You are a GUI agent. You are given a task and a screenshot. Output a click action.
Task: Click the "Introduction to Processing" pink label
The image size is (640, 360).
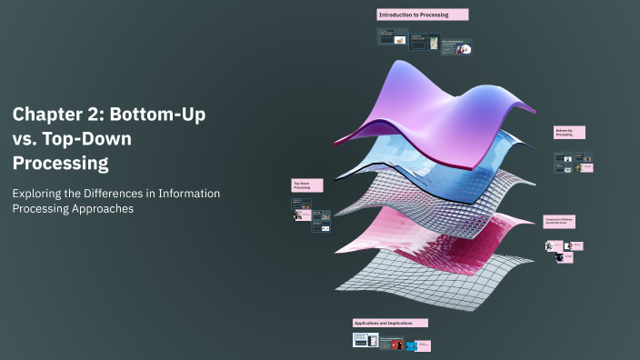point(423,15)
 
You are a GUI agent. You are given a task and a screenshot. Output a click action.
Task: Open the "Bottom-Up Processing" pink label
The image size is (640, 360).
point(569,133)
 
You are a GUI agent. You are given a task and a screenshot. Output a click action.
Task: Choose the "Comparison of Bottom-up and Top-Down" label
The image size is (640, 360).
point(560,221)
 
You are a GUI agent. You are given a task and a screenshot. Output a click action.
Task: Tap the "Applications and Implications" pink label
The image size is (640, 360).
point(390,323)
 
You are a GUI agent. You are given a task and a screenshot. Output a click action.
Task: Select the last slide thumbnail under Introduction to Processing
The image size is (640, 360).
point(463,47)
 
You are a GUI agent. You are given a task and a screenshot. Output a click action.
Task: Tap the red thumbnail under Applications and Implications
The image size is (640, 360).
point(396,345)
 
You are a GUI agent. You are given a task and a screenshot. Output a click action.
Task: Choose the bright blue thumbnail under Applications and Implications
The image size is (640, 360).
point(411,345)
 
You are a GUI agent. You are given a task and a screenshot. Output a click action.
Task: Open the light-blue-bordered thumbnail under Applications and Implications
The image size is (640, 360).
point(365,340)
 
